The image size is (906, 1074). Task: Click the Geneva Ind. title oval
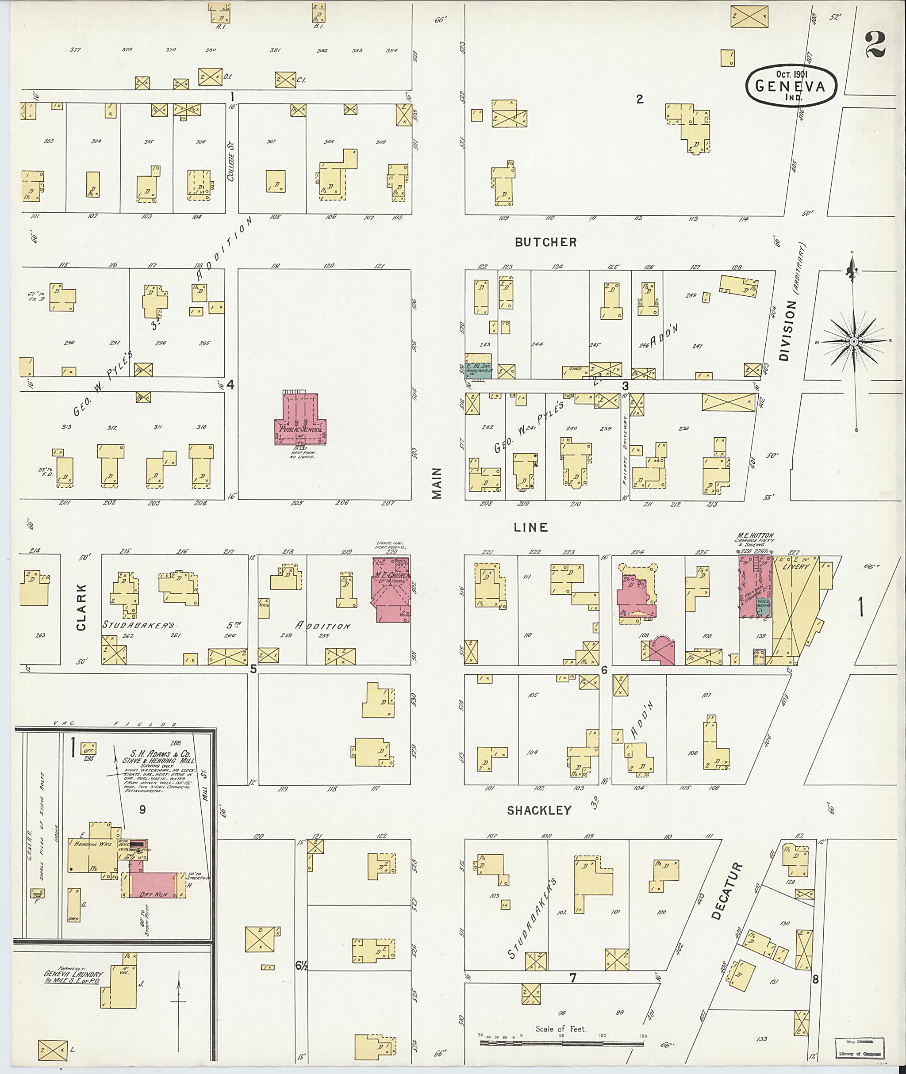[x=791, y=86]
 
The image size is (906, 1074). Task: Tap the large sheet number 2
[x=875, y=44]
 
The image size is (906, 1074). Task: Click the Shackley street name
[x=539, y=810]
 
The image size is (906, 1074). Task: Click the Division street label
[x=788, y=330]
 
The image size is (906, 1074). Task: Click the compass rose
[x=853, y=341]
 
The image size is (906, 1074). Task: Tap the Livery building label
[x=795, y=567]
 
